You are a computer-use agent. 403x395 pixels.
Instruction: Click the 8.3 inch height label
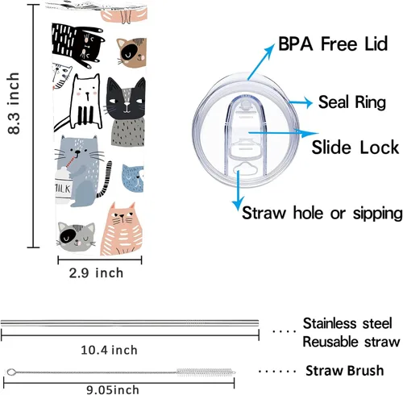click(x=14, y=103)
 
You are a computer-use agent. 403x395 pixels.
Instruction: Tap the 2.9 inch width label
click(x=96, y=273)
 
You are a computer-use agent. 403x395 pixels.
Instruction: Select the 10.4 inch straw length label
click(x=109, y=350)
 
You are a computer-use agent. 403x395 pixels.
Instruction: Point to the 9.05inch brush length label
click(x=113, y=390)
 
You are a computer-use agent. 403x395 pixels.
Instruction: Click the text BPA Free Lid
click(x=333, y=44)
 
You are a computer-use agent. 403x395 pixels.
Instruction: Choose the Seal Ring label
click(x=352, y=102)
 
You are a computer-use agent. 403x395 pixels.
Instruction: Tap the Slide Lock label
click(x=355, y=147)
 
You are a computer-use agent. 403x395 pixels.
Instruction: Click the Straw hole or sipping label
click(x=322, y=213)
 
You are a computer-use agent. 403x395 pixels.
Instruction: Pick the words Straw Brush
click(x=345, y=371)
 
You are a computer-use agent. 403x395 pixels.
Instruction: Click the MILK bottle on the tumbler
click(x=63, y=186)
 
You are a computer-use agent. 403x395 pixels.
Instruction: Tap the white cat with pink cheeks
click(x=85, y=102)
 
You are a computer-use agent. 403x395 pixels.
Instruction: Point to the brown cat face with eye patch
click(x=132, y=52)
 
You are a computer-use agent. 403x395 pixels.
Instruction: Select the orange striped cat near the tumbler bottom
click(x=122, y=229)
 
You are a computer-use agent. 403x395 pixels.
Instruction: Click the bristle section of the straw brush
click(x=206, y=372)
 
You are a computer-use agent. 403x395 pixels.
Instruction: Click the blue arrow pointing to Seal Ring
click(x=301, y=102)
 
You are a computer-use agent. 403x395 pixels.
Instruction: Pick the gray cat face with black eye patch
click(x=77, y=236)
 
